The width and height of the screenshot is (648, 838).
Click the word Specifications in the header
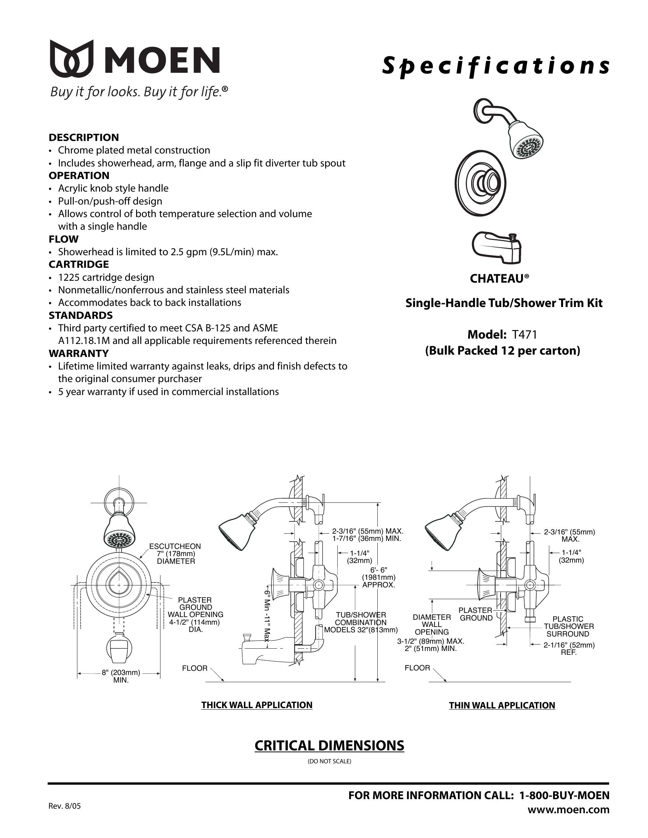(x=495, y=66)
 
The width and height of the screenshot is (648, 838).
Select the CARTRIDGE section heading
(x=79, y=264)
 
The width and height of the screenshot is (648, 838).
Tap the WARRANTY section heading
(x=79, y=353)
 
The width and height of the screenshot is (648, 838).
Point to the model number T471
(x=524, y=334)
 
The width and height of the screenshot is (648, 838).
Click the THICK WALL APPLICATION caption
(x=257, y=705)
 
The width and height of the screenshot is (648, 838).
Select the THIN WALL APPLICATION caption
(x=502, y=705)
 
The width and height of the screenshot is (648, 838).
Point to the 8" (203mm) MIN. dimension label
(x=120, y=676)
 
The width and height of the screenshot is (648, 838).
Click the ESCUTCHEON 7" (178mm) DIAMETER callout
(x=175, y=554)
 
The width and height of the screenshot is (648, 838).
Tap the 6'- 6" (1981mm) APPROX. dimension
(x=379, y=577)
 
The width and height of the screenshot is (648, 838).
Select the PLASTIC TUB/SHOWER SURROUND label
(x=568, y=627)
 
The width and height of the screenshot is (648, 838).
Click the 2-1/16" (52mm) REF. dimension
(x=569, y=648)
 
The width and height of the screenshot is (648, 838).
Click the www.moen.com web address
(x=568, y=809)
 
